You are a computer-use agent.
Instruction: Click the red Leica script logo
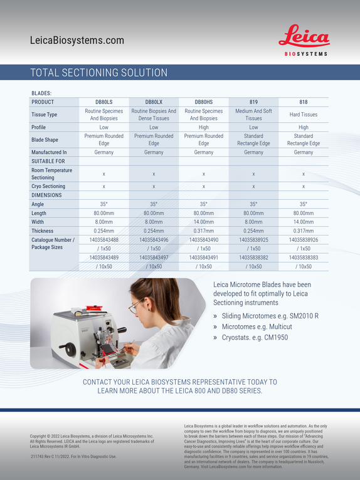(304, 36)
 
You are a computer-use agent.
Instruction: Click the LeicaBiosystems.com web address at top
(77, 40)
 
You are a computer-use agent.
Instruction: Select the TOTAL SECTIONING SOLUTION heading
(99, 73)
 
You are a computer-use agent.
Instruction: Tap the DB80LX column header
(154, 102)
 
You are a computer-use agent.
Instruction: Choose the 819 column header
(253, 102)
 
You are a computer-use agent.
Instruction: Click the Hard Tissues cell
(304, 115)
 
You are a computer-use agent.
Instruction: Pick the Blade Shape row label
(45, 140)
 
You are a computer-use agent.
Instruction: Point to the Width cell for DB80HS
(203, 222)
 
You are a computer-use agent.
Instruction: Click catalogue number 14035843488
(104, 240)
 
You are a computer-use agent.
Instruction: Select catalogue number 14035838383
(304, 258)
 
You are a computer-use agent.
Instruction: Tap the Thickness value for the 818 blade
(304, 231)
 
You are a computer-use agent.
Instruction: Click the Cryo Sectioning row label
(48, 186)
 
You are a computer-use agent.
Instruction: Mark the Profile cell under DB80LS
(104, 127)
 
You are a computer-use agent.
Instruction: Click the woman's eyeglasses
(135, 305)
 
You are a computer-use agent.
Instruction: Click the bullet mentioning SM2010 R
(266, 316)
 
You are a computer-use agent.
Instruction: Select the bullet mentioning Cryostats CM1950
(251, 337)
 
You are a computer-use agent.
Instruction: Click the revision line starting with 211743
(73, 456)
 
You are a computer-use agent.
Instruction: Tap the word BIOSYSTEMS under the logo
(306, 54)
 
